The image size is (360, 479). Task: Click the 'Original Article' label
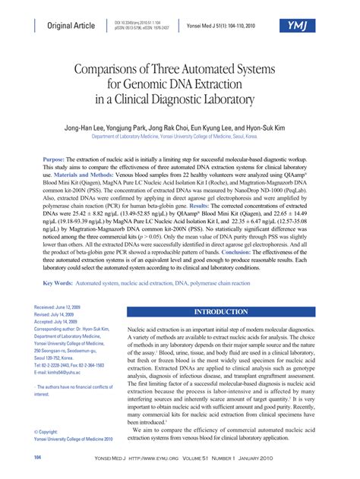pos(71,26)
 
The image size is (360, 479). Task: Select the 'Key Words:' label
pos(58,262)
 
